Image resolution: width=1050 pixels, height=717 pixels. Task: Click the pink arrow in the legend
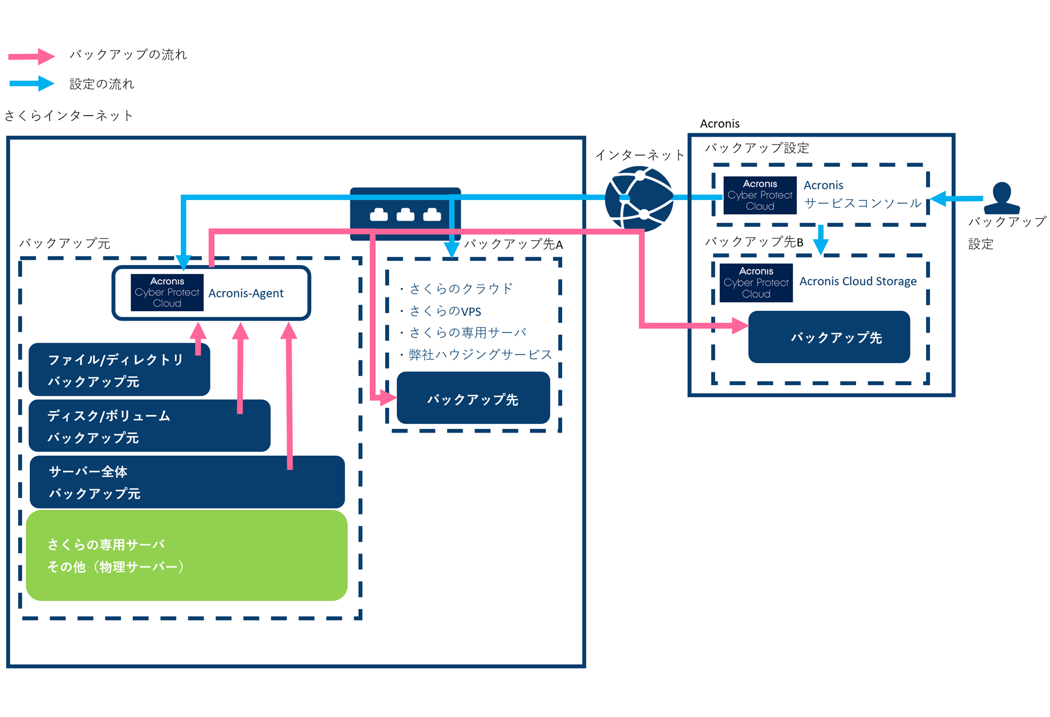(31, 56)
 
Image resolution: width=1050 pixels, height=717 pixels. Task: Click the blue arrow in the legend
(31, 84)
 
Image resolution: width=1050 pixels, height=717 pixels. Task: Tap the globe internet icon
(639, 198)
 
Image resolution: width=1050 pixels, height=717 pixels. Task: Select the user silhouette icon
(1001, 198)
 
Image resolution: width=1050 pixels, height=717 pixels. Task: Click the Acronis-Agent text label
(246, 293)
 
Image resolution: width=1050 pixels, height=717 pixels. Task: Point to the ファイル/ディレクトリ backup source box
(119, 370)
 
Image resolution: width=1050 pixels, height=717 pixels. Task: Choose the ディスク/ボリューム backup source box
(149, 426)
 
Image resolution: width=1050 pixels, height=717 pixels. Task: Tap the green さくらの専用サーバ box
(186, 555)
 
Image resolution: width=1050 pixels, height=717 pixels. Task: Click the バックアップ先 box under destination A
(473, 398)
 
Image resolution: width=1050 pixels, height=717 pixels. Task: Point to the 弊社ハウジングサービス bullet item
(480, 354)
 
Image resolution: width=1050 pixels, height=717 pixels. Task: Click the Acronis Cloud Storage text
(858, 281)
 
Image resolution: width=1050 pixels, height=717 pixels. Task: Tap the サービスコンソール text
(863, 203)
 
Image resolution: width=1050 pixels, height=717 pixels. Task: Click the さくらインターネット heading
(69, 116)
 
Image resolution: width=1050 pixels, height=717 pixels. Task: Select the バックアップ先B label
(754, 242)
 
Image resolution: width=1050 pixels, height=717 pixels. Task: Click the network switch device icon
(405, 214)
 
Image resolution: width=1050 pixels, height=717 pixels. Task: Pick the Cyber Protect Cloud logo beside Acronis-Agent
(167, 293)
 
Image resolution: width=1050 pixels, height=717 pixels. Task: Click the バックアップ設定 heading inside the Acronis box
(757, 148)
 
